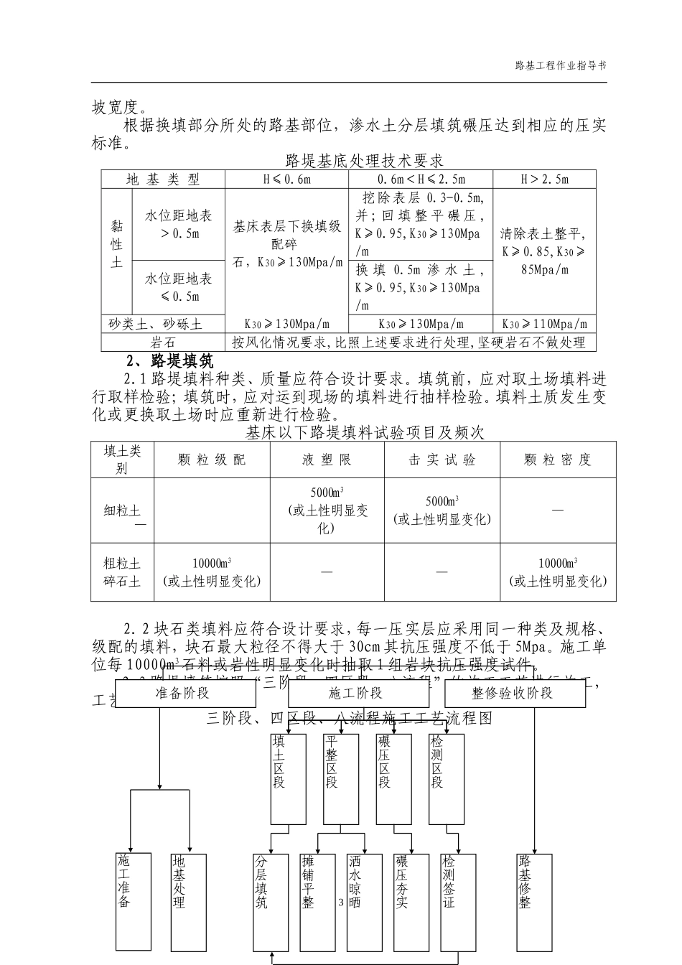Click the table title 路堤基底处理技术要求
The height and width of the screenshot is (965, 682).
(364, 159)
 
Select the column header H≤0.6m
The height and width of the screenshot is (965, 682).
(286, 180)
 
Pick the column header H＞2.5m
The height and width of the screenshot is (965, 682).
(544, 180)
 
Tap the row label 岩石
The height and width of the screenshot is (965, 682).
(163, 342)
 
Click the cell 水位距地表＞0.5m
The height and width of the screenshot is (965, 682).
(179, 224)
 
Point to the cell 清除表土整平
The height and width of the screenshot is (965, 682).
(543, 251)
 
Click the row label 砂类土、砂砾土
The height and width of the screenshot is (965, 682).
(156, 325)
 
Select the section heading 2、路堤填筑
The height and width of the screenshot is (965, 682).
(169, 360)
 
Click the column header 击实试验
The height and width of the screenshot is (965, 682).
(442, 460)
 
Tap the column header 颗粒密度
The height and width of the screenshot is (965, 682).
(557, 460)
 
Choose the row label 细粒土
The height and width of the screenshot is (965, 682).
(122, 511)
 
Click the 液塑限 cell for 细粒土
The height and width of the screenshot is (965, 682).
(327, 511)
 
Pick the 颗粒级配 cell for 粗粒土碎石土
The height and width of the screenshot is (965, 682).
(212, 572)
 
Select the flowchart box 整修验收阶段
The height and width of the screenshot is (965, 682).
(512, 693)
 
